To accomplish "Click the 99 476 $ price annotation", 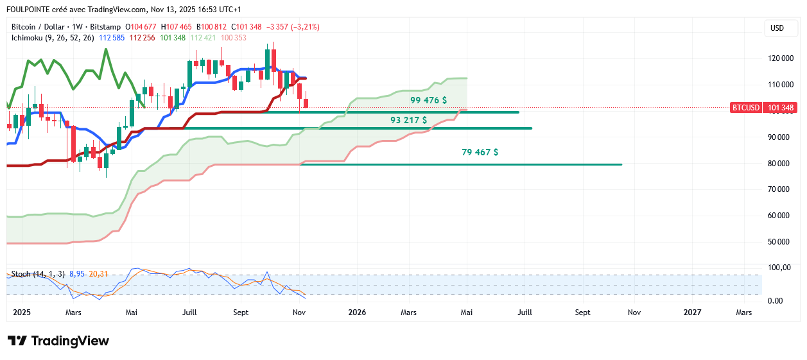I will (x=428, y=101).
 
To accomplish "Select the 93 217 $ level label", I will (x=408, y=120).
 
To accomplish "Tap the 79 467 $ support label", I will (x=480, y=153).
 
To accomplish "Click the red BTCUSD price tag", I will (x=746, y=108).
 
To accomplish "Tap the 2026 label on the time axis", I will (x=357, y=313).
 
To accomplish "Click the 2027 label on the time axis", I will (x=692, y=313).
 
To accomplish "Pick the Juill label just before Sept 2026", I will (x=525, y=313).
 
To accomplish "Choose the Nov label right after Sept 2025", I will (x=299, y=313).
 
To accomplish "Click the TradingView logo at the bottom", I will (x=58, y=341).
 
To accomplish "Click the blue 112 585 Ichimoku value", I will (x=112, y=38).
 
